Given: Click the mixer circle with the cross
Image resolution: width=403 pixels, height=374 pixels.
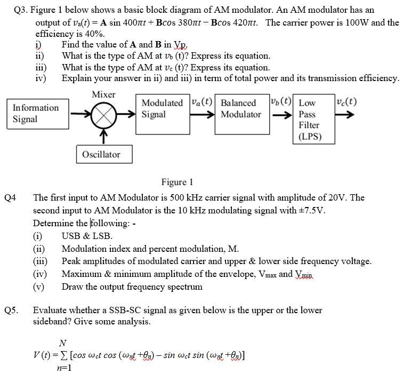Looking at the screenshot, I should point(104,114).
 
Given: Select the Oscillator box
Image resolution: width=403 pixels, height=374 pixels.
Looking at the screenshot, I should point(101,155).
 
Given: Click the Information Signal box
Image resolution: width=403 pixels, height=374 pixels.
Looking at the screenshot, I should point(36,114).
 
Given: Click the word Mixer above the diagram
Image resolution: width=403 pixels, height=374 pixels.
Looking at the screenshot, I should point(103,94).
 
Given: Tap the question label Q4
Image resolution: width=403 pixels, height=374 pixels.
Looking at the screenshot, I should point(11,198).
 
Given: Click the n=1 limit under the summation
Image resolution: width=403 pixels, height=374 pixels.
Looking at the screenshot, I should point(64,368).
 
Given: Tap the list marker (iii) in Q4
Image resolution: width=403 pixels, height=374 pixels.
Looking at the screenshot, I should point(41,261).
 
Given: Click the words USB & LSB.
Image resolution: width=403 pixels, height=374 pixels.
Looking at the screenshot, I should point(87,236).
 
